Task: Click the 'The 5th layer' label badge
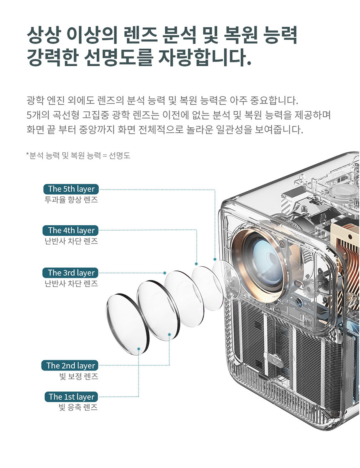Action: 71,189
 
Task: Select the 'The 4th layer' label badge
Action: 71,230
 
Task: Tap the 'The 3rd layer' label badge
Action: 71,273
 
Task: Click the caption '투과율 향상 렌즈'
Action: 71,200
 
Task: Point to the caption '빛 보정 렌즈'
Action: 79,376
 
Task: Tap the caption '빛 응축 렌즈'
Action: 79,407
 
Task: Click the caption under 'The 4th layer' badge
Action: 71,241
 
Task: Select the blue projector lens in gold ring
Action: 265,259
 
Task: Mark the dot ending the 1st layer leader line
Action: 139,348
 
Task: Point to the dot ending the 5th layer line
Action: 215,259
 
